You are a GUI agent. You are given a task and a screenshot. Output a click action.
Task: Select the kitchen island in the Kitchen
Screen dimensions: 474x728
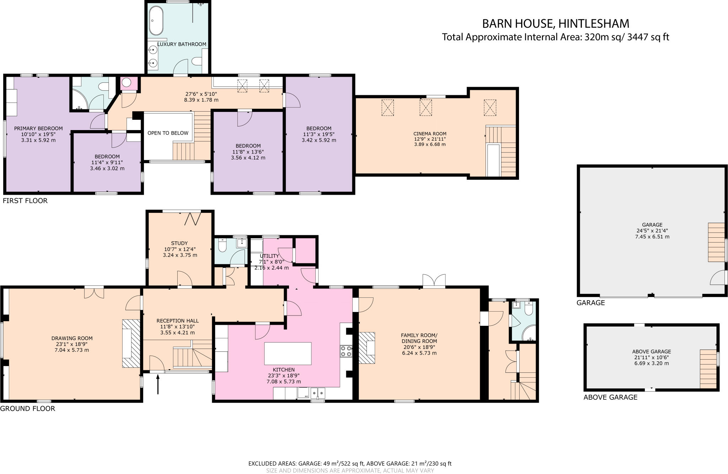[288, 354]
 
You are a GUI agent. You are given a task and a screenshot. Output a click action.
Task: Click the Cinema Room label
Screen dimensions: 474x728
[430, 134]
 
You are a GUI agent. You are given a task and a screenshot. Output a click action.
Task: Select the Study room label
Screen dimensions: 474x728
[179, 243]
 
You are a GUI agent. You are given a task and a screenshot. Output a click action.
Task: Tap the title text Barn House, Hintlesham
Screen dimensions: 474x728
[555, 24]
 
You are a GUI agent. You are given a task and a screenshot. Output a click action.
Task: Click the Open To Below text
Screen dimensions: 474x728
[168, 133]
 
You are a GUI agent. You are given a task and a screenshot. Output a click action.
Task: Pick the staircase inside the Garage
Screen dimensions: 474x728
[716, 242]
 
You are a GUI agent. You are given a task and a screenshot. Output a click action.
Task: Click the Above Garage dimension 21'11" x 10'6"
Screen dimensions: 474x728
[652, 357]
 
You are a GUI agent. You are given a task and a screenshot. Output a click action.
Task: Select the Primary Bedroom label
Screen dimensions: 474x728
[38, 129]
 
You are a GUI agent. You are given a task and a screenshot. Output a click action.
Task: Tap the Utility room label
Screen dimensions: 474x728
[269, 256]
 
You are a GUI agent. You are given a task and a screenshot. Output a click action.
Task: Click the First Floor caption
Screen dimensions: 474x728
[25, 201]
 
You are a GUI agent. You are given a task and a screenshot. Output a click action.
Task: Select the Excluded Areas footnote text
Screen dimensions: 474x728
[349, 463]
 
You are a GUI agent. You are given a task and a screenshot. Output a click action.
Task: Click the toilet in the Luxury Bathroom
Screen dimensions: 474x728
[197, 62]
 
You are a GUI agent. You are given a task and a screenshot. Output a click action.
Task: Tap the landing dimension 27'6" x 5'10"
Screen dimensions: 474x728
[201, 94]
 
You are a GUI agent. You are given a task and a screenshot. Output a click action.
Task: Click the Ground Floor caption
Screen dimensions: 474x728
[27, 409]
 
